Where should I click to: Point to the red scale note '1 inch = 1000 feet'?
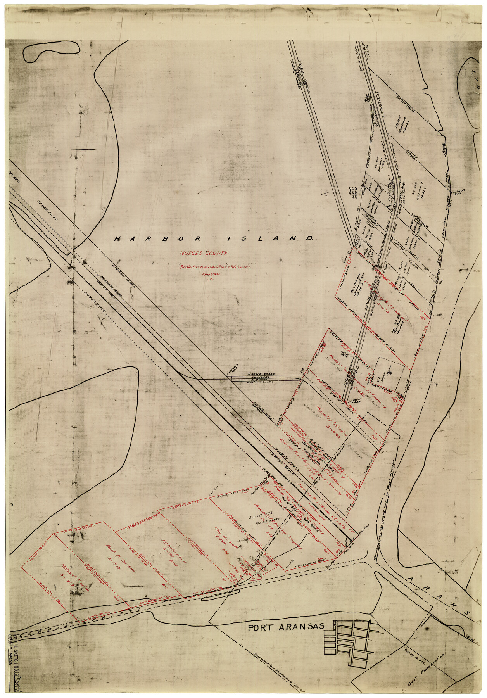coord(215,267)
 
